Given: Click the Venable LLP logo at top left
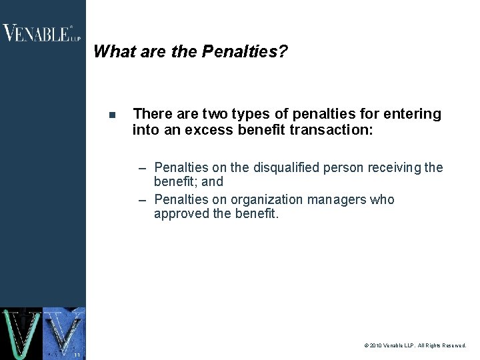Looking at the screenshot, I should click(x=41, y=33).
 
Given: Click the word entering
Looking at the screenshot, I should click(x=415, y=114).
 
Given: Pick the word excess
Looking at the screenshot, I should click(x=210, y=130).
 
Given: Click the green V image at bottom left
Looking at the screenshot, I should click(x=21, y=333).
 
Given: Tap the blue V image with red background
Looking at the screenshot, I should click(x=64, y=333).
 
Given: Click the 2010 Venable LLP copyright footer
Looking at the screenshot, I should click(x=415, y=346).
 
